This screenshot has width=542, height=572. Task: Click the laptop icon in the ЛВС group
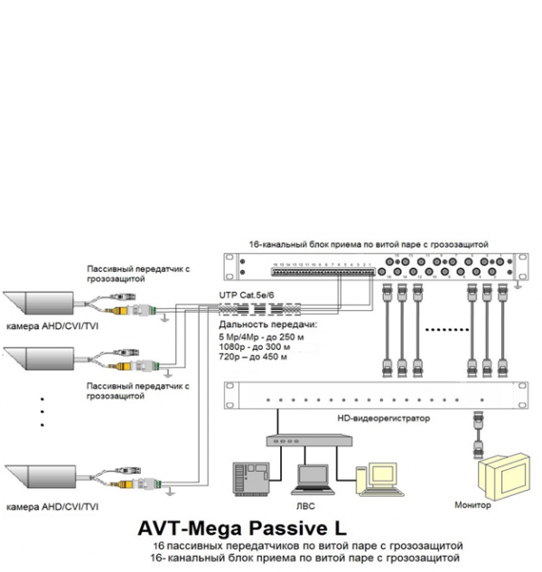point(313,479)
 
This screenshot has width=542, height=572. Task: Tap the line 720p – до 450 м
point(253,357)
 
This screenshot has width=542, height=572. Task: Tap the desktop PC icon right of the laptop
point(371,479)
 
